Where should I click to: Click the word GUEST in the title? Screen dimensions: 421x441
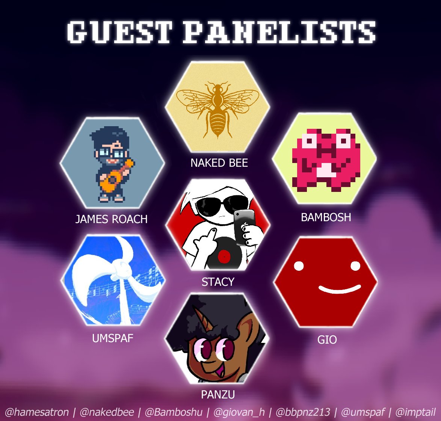(119, 32)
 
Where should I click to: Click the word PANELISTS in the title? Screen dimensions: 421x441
(279, 32)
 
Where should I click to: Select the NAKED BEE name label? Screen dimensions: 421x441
(219, 163)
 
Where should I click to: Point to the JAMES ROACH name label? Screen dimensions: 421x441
(112, 219)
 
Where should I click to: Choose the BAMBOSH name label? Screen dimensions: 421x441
(326, 217)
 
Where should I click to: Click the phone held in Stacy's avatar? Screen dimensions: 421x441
(244, 225)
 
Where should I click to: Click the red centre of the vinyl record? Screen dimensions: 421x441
(224, 257)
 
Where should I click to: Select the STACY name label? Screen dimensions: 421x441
(218, 282)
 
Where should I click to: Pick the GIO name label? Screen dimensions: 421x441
(327, 340)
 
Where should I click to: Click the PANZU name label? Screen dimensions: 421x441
(218, 394)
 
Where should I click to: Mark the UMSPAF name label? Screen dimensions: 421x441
(113, 338)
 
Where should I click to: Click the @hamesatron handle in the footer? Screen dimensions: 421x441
(36, 412)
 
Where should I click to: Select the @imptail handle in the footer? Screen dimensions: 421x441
(415, 412)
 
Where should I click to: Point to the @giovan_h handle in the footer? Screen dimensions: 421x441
(239, 412)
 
